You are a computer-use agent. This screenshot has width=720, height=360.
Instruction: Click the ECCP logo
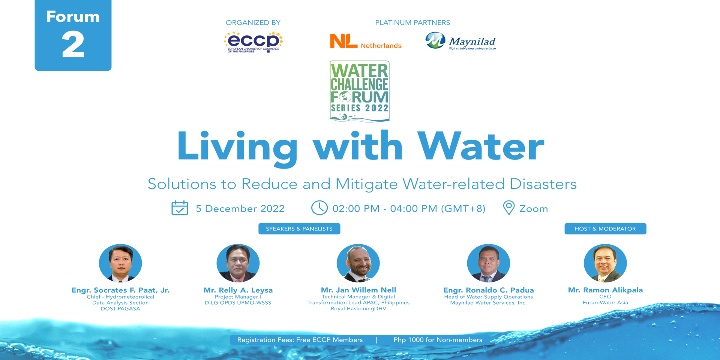coord(253,42)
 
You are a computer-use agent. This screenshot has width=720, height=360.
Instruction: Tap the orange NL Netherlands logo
coord(366,41)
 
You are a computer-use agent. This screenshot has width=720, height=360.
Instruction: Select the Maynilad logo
coord(460,41)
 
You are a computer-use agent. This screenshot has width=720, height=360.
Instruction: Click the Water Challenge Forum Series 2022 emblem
coord(360,91)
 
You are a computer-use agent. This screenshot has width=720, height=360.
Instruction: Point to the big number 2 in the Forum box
coord(73,44)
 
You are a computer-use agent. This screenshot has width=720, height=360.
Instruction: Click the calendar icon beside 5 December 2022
coord(180,208)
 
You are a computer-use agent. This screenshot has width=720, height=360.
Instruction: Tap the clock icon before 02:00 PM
coord(319,208)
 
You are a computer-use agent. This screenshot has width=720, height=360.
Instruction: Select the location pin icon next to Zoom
coord(508,208)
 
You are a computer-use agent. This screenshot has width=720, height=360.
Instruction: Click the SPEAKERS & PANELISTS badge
coord(299,229)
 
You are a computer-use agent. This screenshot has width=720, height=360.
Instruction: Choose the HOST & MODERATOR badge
coord(605,229)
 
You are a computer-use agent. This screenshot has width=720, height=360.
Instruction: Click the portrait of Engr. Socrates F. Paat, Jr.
coord(120,263)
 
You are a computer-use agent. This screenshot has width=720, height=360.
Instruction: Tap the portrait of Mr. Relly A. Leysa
coord(238,263)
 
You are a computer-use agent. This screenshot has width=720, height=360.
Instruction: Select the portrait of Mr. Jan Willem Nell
coord(358,263)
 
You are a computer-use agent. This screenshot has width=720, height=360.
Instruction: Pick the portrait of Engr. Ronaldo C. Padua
coord(488,263)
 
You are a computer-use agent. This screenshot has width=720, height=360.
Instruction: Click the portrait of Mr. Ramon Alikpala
coord(605,263)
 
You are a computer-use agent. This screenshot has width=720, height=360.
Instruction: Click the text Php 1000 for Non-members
coord(438,340)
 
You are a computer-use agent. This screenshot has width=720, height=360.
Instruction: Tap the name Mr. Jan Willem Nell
coord(358,290)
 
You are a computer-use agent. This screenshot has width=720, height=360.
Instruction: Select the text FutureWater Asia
coord(605,303)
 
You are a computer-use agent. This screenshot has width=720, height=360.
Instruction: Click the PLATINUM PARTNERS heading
coord(412,22)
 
